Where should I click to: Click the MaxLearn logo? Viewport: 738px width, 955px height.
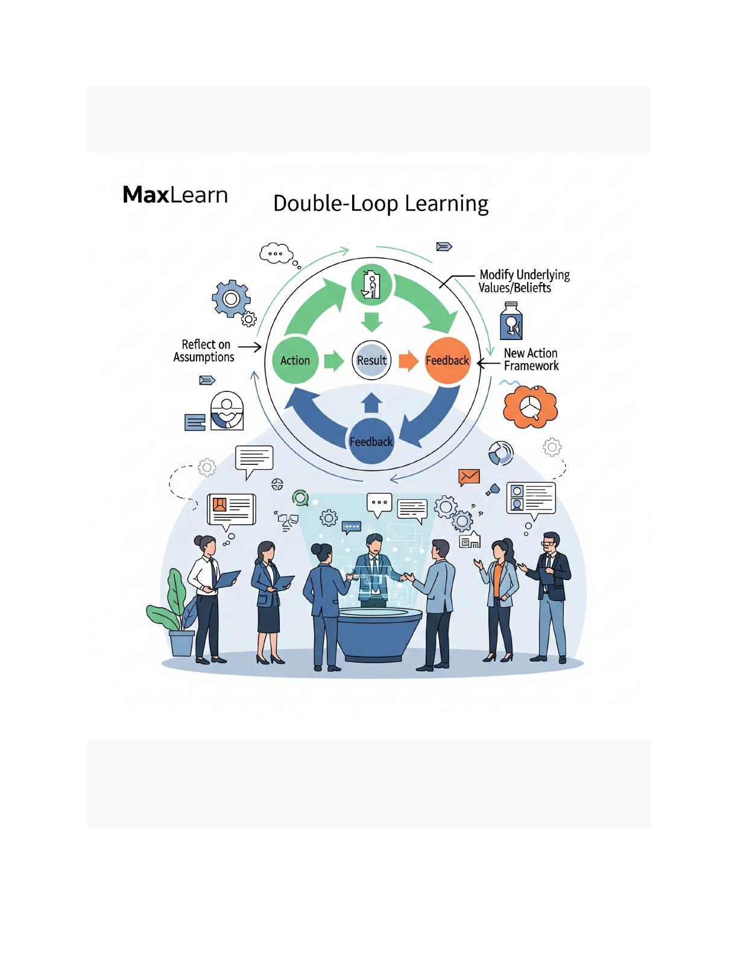(175, 195)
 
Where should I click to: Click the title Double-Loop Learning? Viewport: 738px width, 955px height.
(380, 203)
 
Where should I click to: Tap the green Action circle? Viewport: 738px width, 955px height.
(295, 361)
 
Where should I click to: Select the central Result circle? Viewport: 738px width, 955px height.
(371, 361)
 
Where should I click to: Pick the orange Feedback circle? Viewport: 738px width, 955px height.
(447, 361)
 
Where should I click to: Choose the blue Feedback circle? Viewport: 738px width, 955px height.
(371, 441)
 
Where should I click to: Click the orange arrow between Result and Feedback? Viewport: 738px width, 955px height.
(409, 361)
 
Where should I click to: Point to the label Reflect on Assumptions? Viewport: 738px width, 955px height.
(204, 351)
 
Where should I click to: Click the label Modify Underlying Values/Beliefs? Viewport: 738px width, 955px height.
(523, 281)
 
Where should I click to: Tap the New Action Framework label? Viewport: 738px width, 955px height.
(531, 359)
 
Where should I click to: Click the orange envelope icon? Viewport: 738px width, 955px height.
(468, 477)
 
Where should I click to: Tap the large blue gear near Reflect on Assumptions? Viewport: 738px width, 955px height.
(231, 298)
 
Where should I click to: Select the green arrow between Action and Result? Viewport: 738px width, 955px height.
(333, 361)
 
